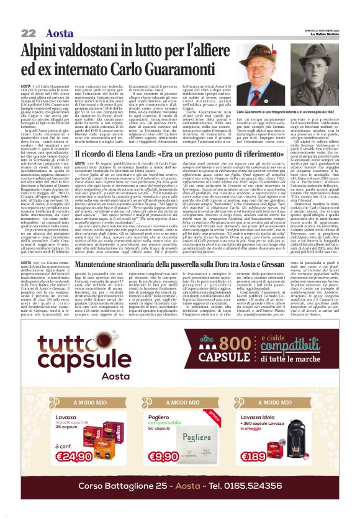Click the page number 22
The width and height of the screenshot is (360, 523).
click(29, 33)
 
